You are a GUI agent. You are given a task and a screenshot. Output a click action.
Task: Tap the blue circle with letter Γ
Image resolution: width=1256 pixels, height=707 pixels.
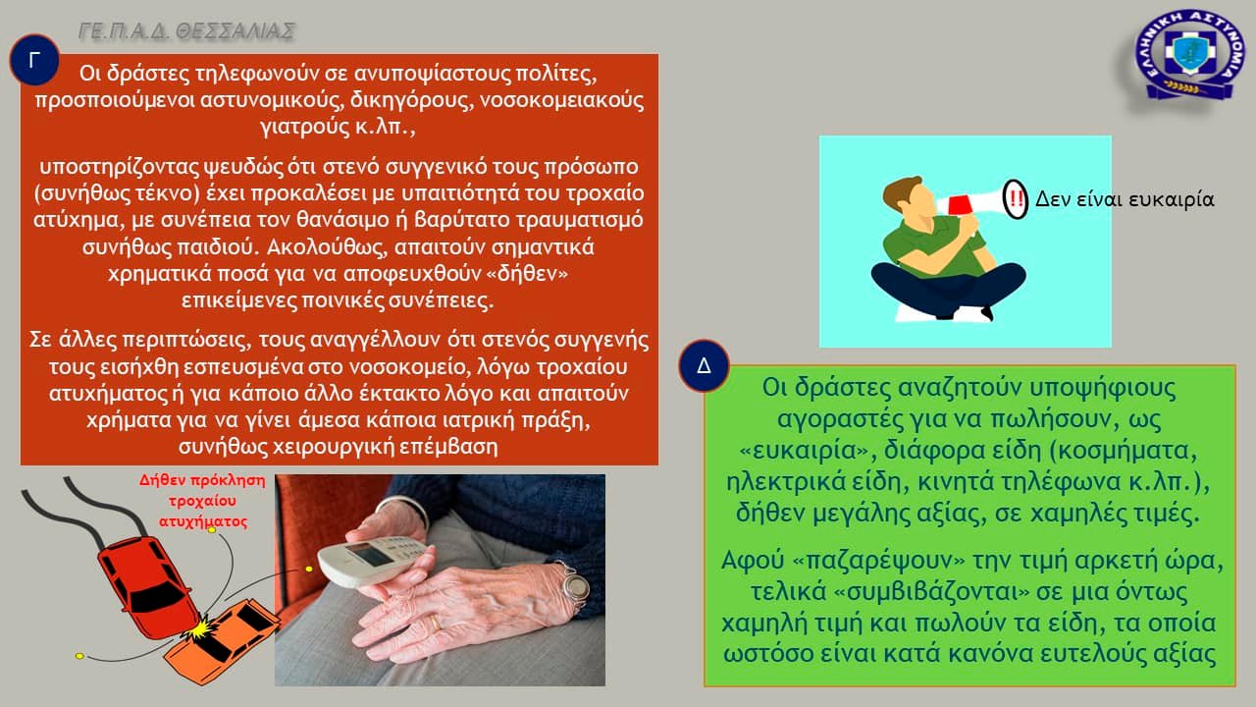point(34,60)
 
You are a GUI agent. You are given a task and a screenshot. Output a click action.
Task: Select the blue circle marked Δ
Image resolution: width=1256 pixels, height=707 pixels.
point(704,365)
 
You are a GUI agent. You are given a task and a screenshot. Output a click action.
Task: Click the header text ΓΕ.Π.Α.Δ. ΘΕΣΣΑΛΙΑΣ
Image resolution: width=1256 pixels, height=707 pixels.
point(186,31)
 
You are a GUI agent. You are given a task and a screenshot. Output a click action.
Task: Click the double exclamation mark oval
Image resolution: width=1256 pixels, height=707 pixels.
point(1015,198)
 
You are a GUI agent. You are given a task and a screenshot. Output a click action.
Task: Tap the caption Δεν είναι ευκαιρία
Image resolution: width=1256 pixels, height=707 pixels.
point(1125,199)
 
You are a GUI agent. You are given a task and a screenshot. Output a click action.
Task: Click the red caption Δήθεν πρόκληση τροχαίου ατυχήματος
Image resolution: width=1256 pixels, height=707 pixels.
point(202,501)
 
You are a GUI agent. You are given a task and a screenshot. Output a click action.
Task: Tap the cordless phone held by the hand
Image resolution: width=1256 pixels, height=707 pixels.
point(375,558)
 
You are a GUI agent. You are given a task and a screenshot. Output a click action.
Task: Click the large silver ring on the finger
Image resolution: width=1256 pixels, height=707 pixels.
point(576,586)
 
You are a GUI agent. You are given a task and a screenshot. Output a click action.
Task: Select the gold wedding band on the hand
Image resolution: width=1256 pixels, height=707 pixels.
point(435,624)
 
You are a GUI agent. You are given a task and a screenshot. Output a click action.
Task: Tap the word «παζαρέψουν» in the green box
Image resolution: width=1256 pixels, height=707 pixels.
point(880,561)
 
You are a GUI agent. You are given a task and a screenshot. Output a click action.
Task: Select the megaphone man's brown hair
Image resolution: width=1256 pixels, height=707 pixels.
point(899,190)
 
